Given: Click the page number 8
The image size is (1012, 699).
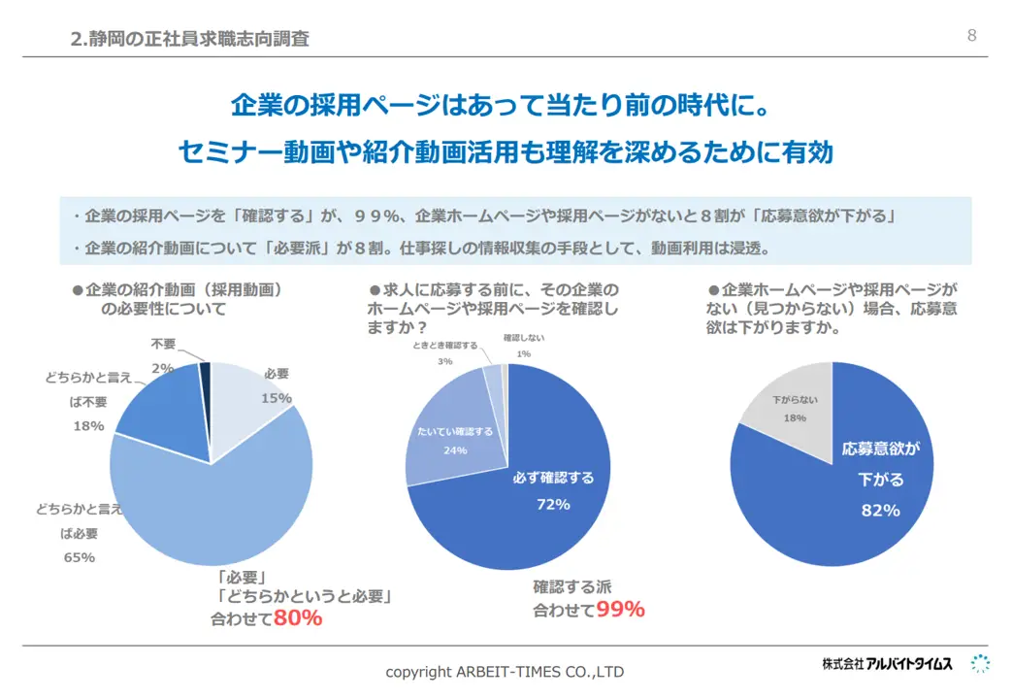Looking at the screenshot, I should pos(971,37).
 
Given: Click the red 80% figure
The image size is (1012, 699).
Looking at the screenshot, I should pos(298,617).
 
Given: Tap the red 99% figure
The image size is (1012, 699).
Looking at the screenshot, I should pos(621,610).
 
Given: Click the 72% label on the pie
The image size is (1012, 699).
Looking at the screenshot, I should pos(553,504).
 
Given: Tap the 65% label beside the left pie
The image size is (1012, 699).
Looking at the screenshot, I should pos(79,557).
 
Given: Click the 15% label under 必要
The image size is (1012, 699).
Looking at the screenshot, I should pos(277,397).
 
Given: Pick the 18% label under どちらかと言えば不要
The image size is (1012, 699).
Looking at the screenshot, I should pos(88,425).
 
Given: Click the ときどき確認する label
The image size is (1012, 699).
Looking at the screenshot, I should pos(444,346).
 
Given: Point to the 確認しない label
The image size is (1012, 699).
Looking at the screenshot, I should pos(524,338).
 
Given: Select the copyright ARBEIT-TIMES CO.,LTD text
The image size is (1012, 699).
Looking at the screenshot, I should pos(505,672).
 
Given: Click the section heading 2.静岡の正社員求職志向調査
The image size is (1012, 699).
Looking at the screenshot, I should pos(191,39).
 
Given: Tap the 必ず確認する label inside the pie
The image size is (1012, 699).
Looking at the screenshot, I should pos(553,478).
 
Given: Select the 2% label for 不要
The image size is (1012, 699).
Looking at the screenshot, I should pos(162,368).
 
